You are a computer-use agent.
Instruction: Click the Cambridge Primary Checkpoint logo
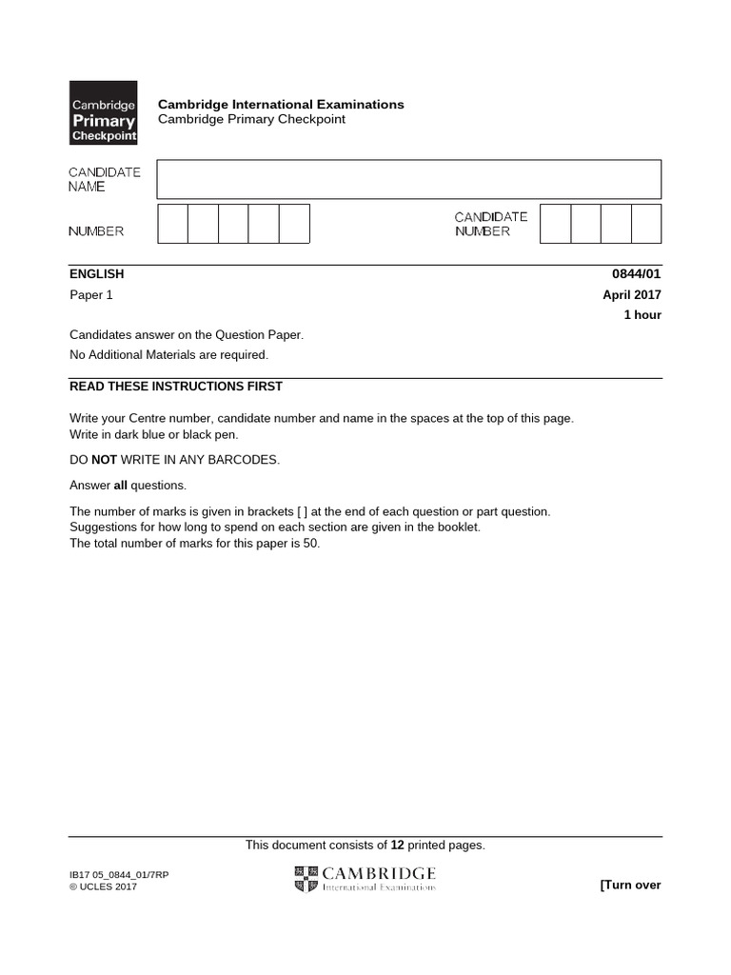point(104,112)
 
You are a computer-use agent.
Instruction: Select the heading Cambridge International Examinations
point(281,105)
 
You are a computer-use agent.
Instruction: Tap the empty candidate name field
point(408,179)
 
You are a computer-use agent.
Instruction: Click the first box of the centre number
point(173,224)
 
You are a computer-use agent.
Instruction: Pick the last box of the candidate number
point(646,224)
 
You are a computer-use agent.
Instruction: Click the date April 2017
point(632,295)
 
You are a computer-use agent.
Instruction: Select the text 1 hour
point(642,315)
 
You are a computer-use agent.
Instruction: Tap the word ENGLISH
point(97,274)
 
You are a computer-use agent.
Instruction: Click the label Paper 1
point(91,295)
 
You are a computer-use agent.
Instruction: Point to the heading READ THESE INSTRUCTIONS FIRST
point(176,387)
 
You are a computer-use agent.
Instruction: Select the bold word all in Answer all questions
point(121,486)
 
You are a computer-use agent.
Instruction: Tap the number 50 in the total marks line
point(311,544)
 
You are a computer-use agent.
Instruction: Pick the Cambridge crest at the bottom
point(306,879)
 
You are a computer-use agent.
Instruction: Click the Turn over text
point(630,885)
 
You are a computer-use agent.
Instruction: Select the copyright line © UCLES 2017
point(104,887)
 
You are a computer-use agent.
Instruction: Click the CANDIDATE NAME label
point(105,179)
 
